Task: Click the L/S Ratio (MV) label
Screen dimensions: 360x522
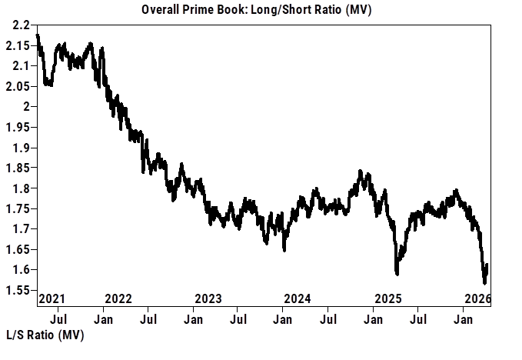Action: click(45, 336)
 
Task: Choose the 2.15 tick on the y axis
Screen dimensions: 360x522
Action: click(20, 45)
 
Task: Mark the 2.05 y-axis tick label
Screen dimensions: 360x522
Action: click(20, 86)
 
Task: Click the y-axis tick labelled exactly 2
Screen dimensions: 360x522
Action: click(27, 107)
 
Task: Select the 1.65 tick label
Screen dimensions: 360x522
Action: click(20, 249)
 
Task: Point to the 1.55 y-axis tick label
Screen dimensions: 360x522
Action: click(20, 290)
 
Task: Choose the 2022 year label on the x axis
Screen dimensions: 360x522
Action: click(118, 298)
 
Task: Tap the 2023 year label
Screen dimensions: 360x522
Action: click(208, 298)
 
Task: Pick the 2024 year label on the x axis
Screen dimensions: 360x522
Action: click(298, 298)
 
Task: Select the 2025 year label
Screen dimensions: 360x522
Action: click(387, 298)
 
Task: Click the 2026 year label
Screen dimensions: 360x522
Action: click(477, 298)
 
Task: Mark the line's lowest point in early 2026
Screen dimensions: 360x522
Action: click(484, 282)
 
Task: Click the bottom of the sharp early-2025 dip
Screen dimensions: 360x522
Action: click(397, 273)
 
